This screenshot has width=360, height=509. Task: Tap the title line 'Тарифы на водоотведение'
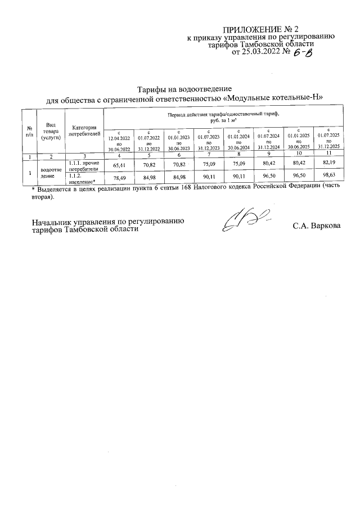(185, 89)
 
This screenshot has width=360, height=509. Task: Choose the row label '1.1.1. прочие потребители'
(84, 165)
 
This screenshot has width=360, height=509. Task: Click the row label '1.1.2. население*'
(82, 178)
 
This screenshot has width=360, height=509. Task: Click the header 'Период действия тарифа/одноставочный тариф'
(225, 114)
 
